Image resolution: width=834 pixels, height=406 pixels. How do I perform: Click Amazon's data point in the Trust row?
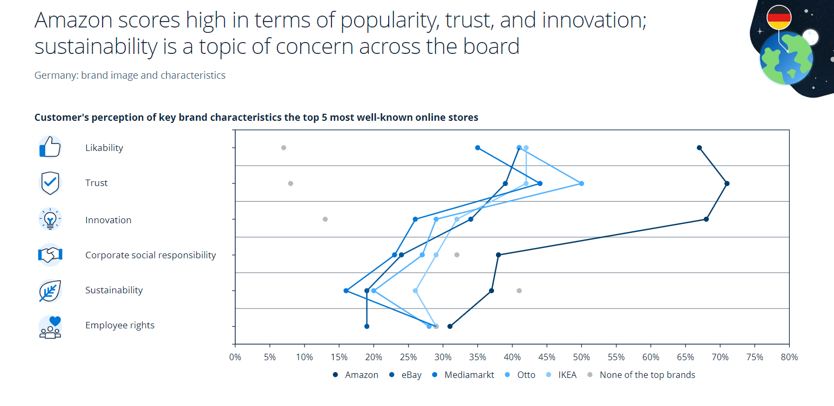(727, 183)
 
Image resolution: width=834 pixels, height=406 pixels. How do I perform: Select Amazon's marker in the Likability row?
(699, 148)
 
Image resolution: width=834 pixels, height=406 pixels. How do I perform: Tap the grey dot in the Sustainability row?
(519, 291)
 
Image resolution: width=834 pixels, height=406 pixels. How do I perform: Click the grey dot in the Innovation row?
(325, 219)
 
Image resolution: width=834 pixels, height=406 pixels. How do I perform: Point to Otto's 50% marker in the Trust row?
(581, 183)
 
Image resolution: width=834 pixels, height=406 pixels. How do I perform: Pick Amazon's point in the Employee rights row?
(450, 326)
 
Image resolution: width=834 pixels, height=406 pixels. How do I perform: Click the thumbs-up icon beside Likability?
(50, 147)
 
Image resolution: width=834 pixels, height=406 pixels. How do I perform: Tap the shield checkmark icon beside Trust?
(50, 183)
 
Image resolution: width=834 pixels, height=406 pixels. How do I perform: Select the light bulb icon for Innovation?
(50, 219)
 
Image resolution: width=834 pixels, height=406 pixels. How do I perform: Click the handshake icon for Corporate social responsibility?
(50, 254)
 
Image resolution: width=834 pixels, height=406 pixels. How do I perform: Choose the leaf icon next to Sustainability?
(50, 291)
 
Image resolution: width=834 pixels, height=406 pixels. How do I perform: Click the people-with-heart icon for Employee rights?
(50, 327)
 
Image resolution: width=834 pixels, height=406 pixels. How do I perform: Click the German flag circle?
(779, 17)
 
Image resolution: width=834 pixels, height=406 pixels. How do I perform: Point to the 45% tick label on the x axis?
(547, 357)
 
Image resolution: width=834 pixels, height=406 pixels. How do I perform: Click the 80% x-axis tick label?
(789, 357)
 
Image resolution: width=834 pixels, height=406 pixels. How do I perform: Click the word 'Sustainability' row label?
(114, 290)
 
